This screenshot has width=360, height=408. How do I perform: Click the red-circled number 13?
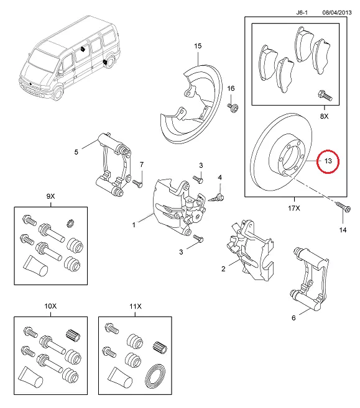(x=328, y=161)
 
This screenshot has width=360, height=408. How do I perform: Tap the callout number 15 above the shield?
(x=198, y=46)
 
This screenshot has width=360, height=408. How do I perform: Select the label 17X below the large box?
(x=294, y=208)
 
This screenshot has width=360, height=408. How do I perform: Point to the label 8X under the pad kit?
(x=324, y=116)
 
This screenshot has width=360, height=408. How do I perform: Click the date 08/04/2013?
(x=337, y=12)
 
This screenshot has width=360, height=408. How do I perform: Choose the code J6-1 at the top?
(x=302, y=12)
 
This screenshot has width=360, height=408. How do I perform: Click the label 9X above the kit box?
(x=50, y=196)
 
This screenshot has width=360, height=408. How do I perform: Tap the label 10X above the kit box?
(x=50, y=306)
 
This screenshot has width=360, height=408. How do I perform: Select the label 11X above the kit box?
(x=136, y=306)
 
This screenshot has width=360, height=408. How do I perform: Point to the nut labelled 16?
(x=233, y=107)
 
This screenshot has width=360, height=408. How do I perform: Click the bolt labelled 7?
(x=138, y=183)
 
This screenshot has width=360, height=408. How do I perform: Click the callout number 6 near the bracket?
(x=293, y=318)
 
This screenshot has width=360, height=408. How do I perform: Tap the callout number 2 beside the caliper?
(x=223, y=269)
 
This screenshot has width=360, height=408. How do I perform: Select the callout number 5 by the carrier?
(x=76, y=152)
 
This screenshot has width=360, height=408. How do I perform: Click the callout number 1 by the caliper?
(x=134, y=225)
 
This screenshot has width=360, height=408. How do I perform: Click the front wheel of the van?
(x=58, y=94)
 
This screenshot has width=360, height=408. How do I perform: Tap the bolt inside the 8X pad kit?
(x=325, y=95)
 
